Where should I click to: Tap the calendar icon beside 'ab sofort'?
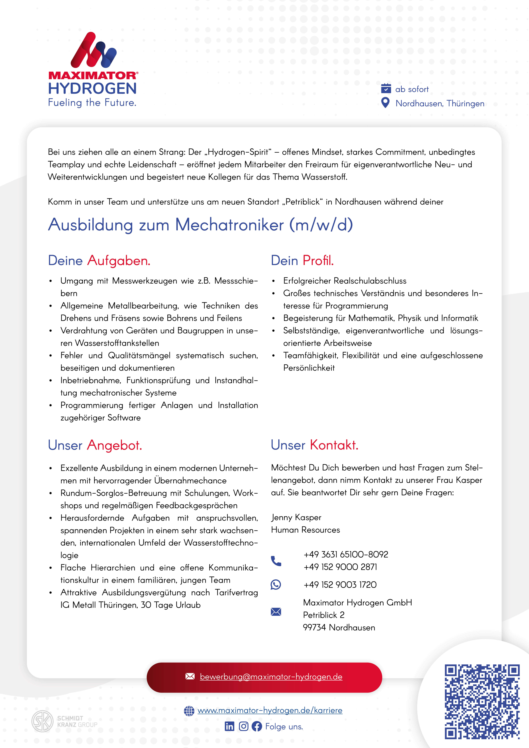click(x=386, y=88)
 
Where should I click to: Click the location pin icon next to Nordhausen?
click(x=385, y=103)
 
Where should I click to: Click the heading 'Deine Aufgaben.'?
click(x=99, y=261)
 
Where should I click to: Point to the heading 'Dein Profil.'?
click(x=302, y=261)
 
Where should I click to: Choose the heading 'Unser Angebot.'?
click(x=95, y=445)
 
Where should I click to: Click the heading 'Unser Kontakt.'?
click(x=315, y=445)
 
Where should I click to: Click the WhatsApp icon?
click(x=276, y=584)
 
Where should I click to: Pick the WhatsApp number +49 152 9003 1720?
click(x=340, y=585)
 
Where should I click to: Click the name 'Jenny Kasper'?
click(x=296, y=517)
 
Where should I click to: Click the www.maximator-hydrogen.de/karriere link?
click(x=270, y=710)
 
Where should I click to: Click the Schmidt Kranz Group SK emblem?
click(x=42, y=721)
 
